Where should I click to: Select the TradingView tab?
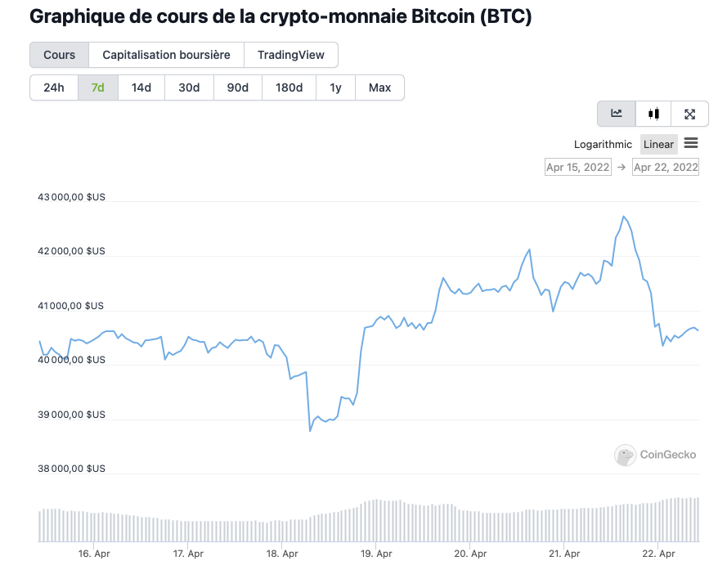[x=290, y=55]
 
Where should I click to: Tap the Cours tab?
[x=59, y=55]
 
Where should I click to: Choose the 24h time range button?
[x=54, y=88]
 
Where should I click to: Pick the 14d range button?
[x=141, y=88]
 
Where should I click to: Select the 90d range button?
[x=237, y=88]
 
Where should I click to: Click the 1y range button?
[x=335, y=88]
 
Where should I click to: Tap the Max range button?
[x=379, y=88]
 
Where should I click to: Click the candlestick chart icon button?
[x=653, y=114]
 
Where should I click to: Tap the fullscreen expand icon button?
[x=689, y=114]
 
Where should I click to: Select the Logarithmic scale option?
[x=603, y=145]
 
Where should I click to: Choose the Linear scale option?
[x=658, y=145]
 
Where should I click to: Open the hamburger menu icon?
[x=691, y=144]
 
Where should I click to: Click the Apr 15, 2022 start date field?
[x=578, y=167]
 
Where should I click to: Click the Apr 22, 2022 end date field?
[x=666, y=167]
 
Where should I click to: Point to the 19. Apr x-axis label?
[x=375, y=554]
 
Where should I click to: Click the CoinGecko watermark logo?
[x=656, y=455]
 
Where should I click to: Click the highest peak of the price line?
[x=623, y=217]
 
